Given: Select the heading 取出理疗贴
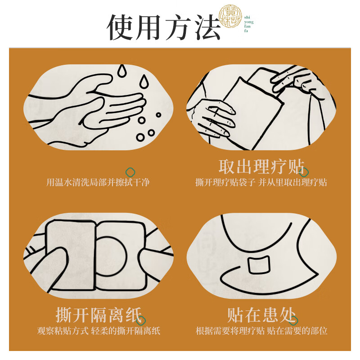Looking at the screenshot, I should coord(261,166).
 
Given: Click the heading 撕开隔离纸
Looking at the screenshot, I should coord(99,314).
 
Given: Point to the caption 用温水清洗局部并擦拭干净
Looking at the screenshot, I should coord(98,183).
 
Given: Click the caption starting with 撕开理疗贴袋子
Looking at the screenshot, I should coord(261,183).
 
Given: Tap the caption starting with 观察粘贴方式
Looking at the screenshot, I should coord(99,331).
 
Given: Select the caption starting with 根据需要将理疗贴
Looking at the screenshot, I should coord(261,331).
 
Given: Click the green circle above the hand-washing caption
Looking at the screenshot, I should coord(131,171).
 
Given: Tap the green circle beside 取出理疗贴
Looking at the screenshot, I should coord(305,172).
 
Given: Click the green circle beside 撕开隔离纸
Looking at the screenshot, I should coord(142,320).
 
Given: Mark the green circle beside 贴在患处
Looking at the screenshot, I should coord(294,320).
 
